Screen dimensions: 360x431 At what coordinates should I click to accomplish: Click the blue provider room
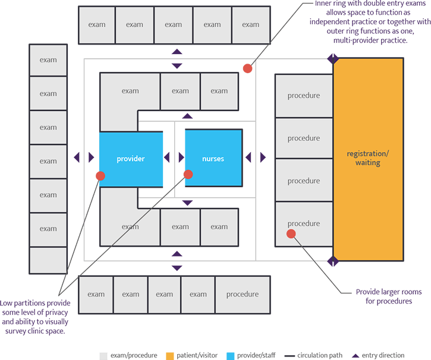(x=131, y=159)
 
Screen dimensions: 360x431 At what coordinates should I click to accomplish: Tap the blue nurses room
(x=213, y=159)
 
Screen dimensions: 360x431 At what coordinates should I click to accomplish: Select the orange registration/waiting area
(x=368, y=158)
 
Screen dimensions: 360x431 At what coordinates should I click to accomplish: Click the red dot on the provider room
(x=100, y=176)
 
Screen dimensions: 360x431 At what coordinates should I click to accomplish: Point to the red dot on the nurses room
(x=188, y=174)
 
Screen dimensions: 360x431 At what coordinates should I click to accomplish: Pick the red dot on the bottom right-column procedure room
(x=291, y=233)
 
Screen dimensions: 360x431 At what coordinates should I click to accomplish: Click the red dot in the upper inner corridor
(x=247, y=68)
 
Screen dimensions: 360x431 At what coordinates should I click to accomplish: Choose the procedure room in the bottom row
(x=242, y=294)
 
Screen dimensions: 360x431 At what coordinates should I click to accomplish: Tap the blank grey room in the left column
(x=48, y=260)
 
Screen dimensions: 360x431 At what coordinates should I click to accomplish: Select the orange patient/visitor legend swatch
(x=169, y=355)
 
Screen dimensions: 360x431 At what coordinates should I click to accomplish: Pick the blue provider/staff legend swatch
(x=231, y=355)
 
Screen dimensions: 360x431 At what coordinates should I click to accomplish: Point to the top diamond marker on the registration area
(x=333, y=59)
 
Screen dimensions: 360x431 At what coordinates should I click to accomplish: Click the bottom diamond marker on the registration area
(x=333, y=261)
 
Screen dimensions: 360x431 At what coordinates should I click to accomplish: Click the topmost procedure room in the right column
(x=303, y=96)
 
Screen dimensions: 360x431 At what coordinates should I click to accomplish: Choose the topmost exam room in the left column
(x=48, y=60)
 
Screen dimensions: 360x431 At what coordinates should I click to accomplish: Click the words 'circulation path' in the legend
(x=320, y=355)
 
